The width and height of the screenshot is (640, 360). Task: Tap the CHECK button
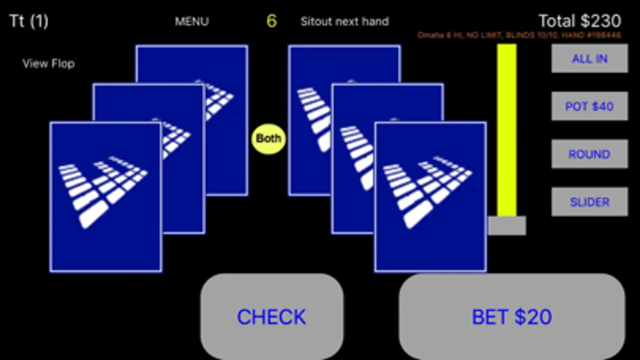point(271,317)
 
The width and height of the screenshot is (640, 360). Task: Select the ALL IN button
point(589,58)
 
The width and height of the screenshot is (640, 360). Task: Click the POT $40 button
point(589,106)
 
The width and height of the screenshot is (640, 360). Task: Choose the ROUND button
point(589,154)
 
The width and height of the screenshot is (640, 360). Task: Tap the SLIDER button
point(589,202)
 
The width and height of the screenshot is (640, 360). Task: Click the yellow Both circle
point(268,138)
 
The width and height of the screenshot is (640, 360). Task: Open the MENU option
point(192,21)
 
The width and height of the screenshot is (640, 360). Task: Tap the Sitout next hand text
point(345,21)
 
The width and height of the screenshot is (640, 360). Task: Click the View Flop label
point(48,64)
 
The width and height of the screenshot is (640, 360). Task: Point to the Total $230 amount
point(580,21)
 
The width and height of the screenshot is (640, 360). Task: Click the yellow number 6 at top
point(271,21)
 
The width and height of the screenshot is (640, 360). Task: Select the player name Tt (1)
point(29,21)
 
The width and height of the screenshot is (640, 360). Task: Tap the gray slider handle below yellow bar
point(507,226)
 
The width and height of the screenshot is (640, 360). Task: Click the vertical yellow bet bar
point(507,130)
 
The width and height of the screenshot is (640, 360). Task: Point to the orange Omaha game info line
point(519,35)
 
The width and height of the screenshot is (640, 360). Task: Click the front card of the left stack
point(106,197)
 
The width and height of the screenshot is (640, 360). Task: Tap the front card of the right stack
point(430,197)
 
